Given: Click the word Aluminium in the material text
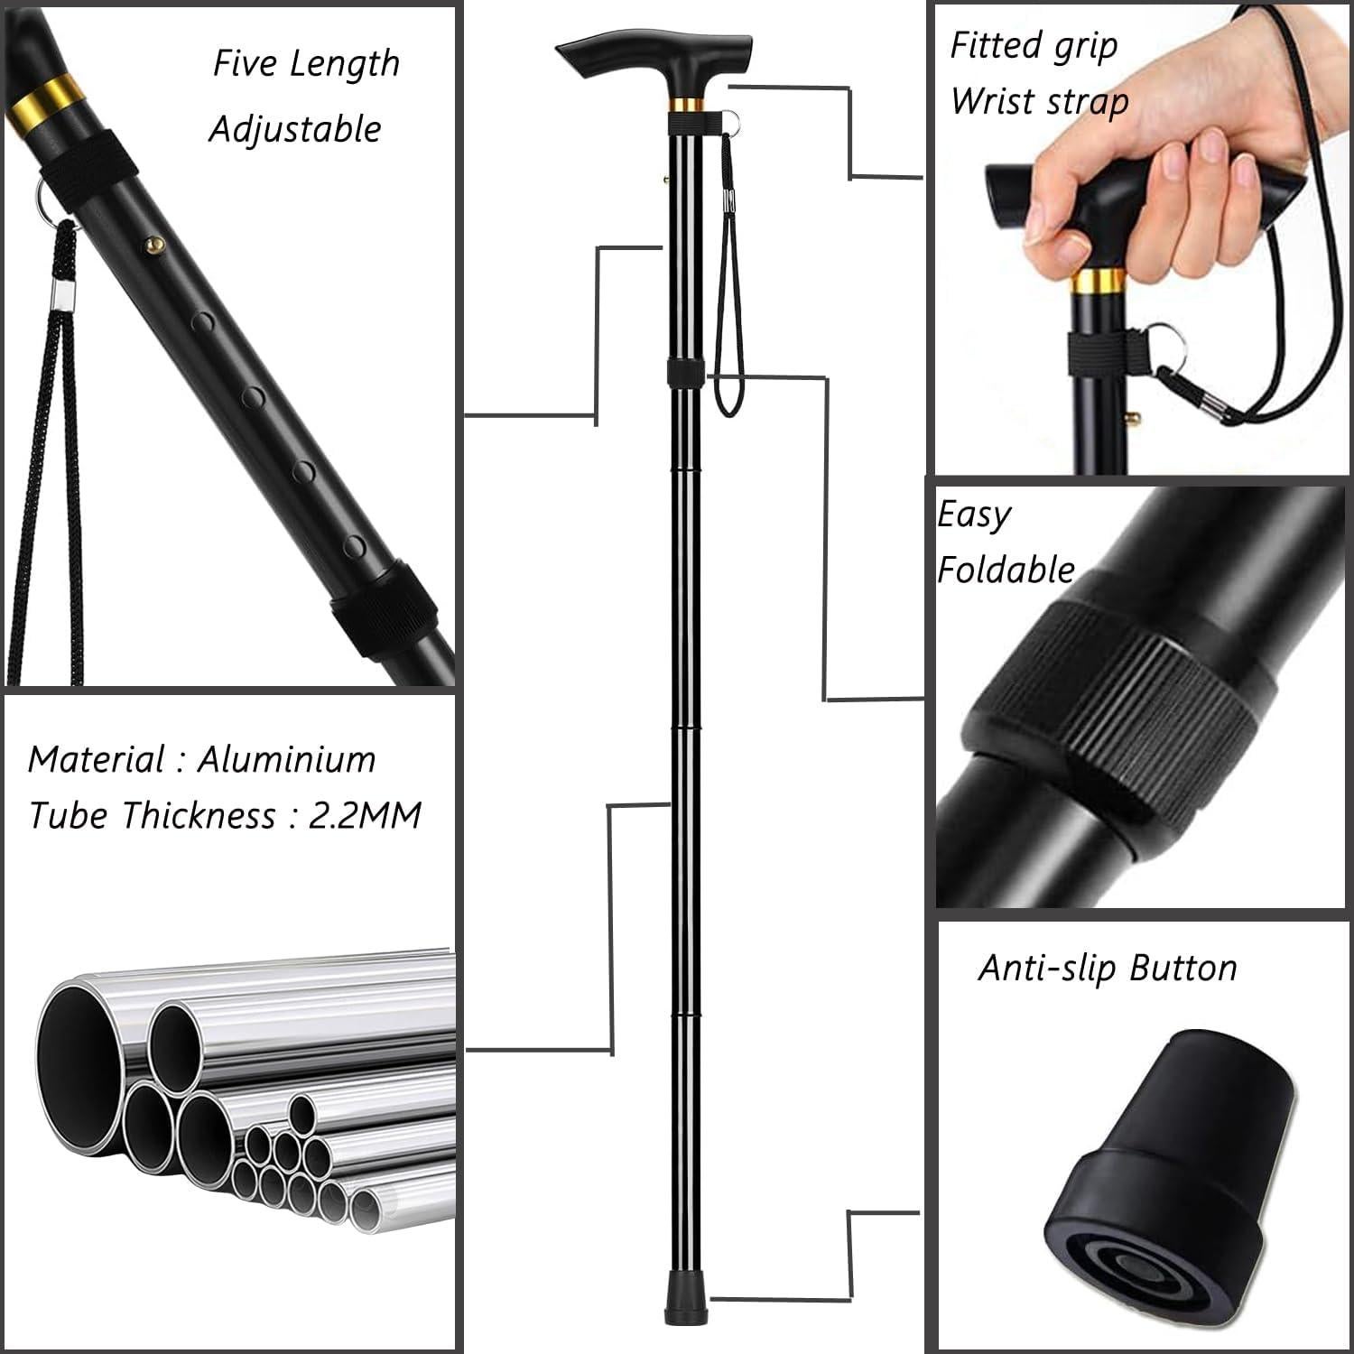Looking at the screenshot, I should [x=286, y=759].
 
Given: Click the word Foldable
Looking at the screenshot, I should [x=1006, y=570].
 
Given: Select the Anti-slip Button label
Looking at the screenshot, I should [x=1108, y=968].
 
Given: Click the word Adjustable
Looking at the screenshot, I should [x=295, y=129].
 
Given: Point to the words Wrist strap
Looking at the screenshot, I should [x=1039, y=101].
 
